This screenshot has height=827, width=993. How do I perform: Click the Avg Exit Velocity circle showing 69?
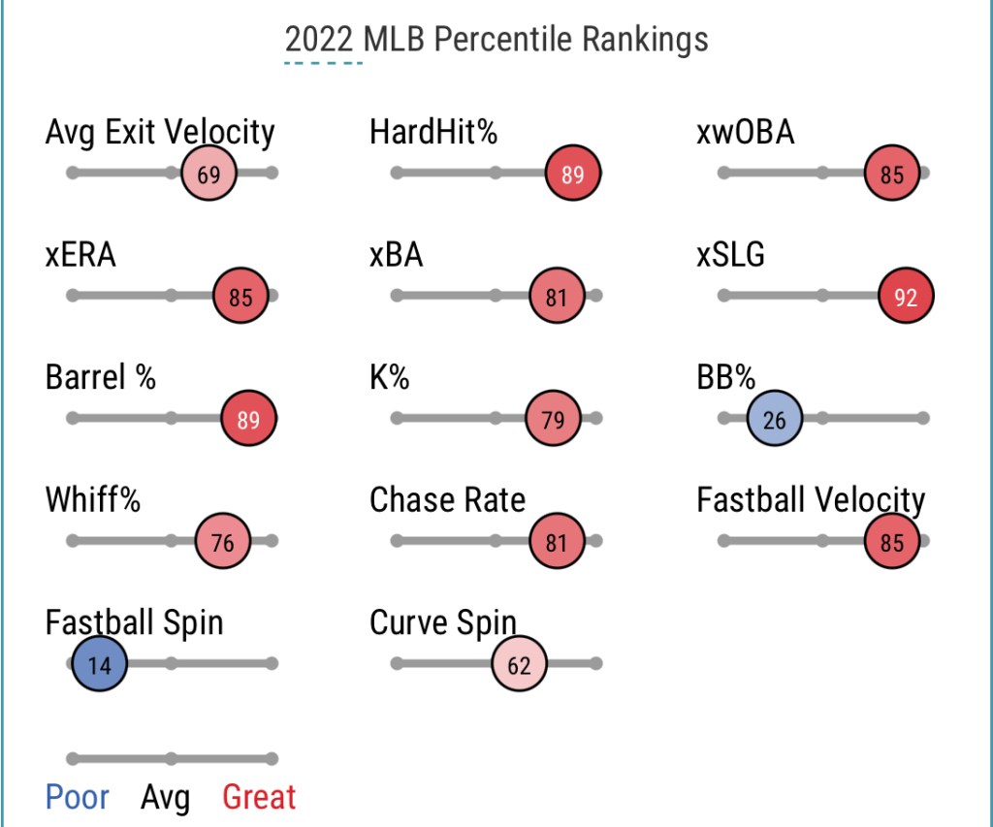coord(209,173)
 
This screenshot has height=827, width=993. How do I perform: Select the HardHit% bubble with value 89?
coord(573,173)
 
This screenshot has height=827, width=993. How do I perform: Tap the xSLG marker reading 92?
coord(907,296)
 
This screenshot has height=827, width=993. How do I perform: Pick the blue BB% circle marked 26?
coord(775,419)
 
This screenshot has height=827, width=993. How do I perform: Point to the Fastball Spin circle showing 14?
coord(100,663)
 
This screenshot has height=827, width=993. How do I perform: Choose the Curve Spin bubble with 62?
coord(520,663)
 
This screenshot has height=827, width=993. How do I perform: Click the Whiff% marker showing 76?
coord(223,541)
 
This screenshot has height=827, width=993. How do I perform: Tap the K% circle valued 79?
coord(554,419)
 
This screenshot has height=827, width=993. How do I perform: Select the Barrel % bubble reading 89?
coord(249,419)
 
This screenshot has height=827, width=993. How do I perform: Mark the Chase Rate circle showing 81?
coord(557,541)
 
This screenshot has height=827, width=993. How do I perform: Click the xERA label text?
coord(80,255)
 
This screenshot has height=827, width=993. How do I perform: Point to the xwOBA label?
coord(746,133)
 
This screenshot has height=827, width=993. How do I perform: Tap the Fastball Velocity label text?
coord(812,501)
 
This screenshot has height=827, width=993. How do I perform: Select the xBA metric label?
coord(397,255)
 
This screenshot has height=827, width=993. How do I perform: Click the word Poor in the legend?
coord(78,797)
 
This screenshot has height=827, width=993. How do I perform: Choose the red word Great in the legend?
coord(259,797)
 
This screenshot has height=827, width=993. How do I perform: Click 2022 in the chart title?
coord(318,39)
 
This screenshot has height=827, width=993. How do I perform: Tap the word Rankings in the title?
coord(645,40)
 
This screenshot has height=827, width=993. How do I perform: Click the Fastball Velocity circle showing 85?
coord(892,541)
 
